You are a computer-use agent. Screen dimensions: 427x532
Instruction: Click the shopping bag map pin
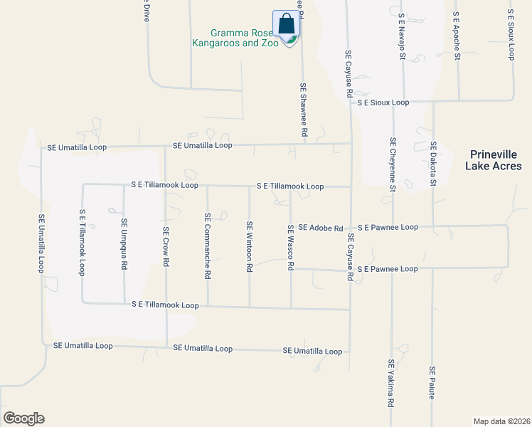click(x=287, y=25)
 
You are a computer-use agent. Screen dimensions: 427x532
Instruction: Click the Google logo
click(x=23, y=418)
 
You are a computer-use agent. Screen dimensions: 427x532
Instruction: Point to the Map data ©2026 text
click(x=501, y=421)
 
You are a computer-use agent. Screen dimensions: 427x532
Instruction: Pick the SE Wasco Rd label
click(x=290, y=247)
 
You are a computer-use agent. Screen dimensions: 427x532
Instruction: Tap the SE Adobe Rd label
click(x=321, y=228)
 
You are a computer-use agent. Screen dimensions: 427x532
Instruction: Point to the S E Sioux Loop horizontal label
click(x=383, y=102)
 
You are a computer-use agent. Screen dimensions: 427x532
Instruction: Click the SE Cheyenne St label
click(x=392, y=164)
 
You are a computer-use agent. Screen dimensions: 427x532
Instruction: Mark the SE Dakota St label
click(x=432, y=164)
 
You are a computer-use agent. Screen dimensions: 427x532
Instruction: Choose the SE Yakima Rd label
click(x=390, y=383)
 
